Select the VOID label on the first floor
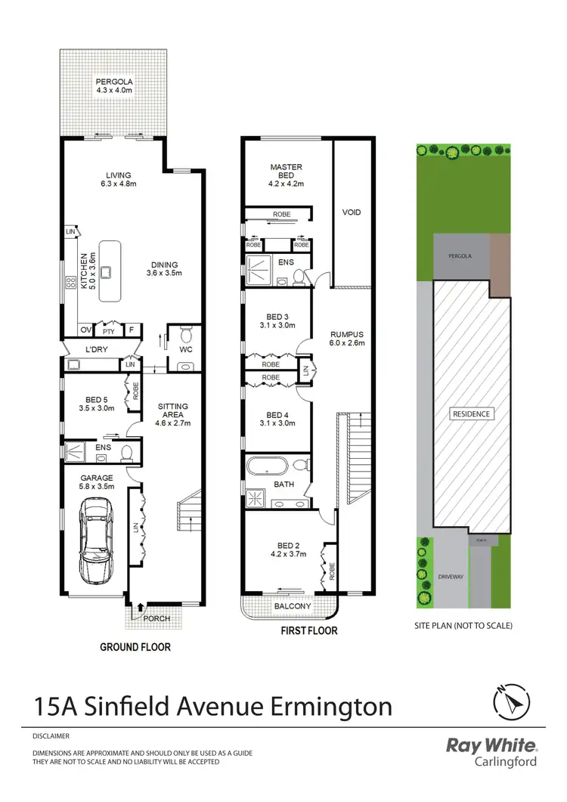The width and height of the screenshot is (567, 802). coord(352,212)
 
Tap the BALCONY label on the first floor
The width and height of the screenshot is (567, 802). coord(289,606)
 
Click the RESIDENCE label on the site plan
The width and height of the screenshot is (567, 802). coord(472,413)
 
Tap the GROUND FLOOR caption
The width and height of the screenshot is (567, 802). coord(135,647)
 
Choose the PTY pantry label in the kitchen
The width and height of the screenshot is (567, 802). coord(108,330)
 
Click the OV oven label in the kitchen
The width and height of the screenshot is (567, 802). coord(85,330)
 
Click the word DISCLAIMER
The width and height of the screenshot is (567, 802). coord(51,735)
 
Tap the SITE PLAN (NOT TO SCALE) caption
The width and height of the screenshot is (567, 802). coord(463,625)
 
